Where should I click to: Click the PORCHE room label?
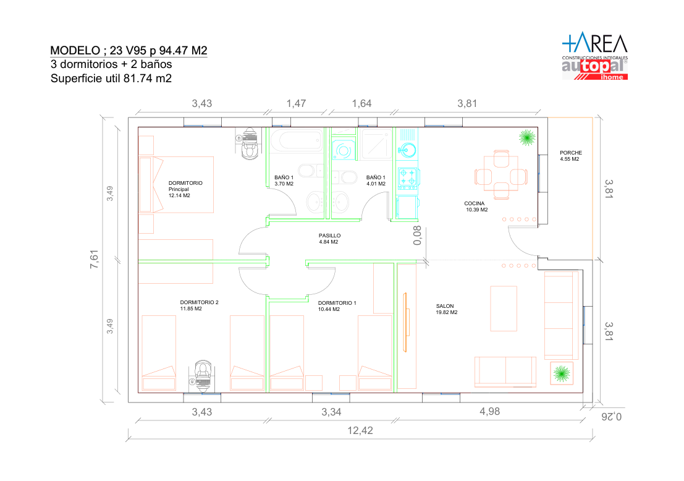coord(570,153)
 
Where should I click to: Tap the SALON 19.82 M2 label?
coord(447,310)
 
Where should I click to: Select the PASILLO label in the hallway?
coord(329,236)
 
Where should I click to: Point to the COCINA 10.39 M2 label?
coord(476,206)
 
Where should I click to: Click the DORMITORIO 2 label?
coord(199,302)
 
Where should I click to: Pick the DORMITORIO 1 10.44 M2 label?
coord(337,306)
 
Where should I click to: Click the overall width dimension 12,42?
coord(360,431)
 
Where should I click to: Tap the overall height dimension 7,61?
coord(94,259)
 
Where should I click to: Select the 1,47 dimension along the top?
coord(296,103)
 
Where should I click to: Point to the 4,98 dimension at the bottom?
coord(489,412)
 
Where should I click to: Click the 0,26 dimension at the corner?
coord(612,417)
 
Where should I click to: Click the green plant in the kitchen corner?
coord(527,137)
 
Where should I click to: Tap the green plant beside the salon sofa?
coord(562,373)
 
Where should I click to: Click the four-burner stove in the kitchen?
coord(408,179)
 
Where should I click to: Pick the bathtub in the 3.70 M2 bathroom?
coord(295,140)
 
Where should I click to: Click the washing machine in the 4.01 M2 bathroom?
coord(344,151)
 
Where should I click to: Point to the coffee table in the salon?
coord(504,309)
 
